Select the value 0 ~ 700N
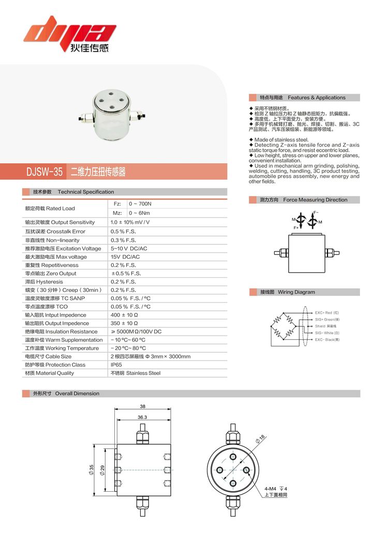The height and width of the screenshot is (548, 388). pyautogui.click(x=140, y=204)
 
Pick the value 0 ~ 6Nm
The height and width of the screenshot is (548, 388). pyautogui.click(x=139, y=213)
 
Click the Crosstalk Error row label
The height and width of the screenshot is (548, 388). pyautogui.click(x=55, y=231)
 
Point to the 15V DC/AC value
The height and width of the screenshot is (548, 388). pyautogui.click(x=125, y=257)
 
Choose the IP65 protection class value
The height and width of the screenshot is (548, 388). pyautogui.click(x=116, y=365)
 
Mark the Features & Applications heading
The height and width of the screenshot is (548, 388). pyautogui.click(x=317, y=98)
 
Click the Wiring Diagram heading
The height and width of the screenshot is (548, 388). pyautogui.click(x=296, y=292)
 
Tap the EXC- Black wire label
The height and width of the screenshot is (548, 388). pyautogui.click(x=327, y=340)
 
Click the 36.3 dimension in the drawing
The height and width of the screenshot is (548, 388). pyautogui.click(x=142, y=417)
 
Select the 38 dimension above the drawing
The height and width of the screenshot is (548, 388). pyautogui.click(x=142, y=406)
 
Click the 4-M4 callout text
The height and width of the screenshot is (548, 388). pyautogui.click(x=271, y=488)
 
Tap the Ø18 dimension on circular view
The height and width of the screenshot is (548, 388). pyautogui.click(x=260, y=440)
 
